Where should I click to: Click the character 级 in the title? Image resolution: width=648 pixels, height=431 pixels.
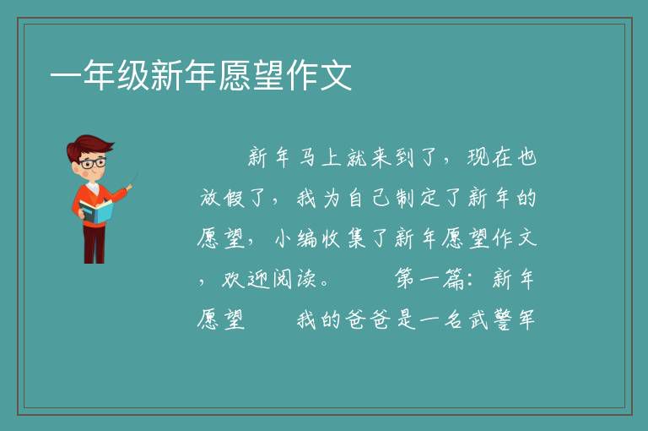[133, 75]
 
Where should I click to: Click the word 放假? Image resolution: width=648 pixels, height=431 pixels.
[223, 198]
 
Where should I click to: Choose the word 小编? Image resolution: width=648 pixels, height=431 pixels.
[296, 239]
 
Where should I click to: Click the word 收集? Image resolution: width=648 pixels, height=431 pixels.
[344, 239]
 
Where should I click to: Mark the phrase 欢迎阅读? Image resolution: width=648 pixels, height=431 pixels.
[269, 280]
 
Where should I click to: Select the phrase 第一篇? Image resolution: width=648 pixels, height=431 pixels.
[429, 279]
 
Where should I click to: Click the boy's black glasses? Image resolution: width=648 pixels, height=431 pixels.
[94, 163]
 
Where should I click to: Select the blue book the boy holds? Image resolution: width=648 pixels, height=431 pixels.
[96, 211]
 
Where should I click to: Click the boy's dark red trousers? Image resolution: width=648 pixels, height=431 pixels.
[94, 244]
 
